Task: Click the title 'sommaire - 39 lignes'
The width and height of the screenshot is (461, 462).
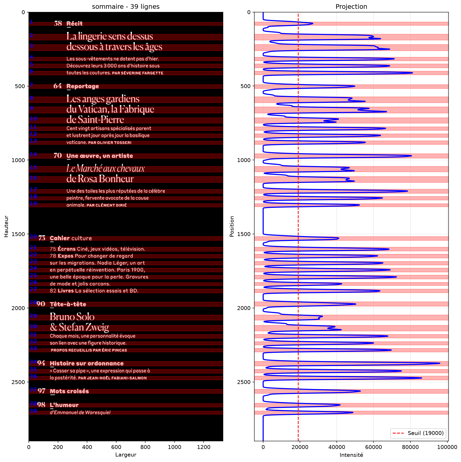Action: click(126, 6)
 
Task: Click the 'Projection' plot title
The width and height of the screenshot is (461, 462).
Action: click(351, 6)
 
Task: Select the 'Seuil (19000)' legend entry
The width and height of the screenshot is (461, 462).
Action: click(418, 433)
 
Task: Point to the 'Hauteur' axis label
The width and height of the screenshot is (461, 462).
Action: click(6, 226)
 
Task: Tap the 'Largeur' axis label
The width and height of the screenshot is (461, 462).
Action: click(126, 455)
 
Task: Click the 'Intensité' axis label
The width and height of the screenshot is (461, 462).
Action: click(351, 455)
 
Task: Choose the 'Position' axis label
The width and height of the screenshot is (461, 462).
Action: click(232, 226)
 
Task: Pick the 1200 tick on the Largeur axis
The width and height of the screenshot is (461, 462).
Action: click(204, 447)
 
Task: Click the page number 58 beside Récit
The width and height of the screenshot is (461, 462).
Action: click(58, 24)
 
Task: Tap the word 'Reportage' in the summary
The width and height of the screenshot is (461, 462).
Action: click(83, 86)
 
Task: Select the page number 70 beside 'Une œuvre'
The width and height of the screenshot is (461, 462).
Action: click(58, 155)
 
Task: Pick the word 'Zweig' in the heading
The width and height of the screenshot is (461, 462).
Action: click(97, 327)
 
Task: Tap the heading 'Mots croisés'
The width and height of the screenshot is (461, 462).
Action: click(69, 391)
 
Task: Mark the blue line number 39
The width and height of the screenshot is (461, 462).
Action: click(33, 411)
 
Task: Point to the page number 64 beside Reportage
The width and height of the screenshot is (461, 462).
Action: click(57, 86)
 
